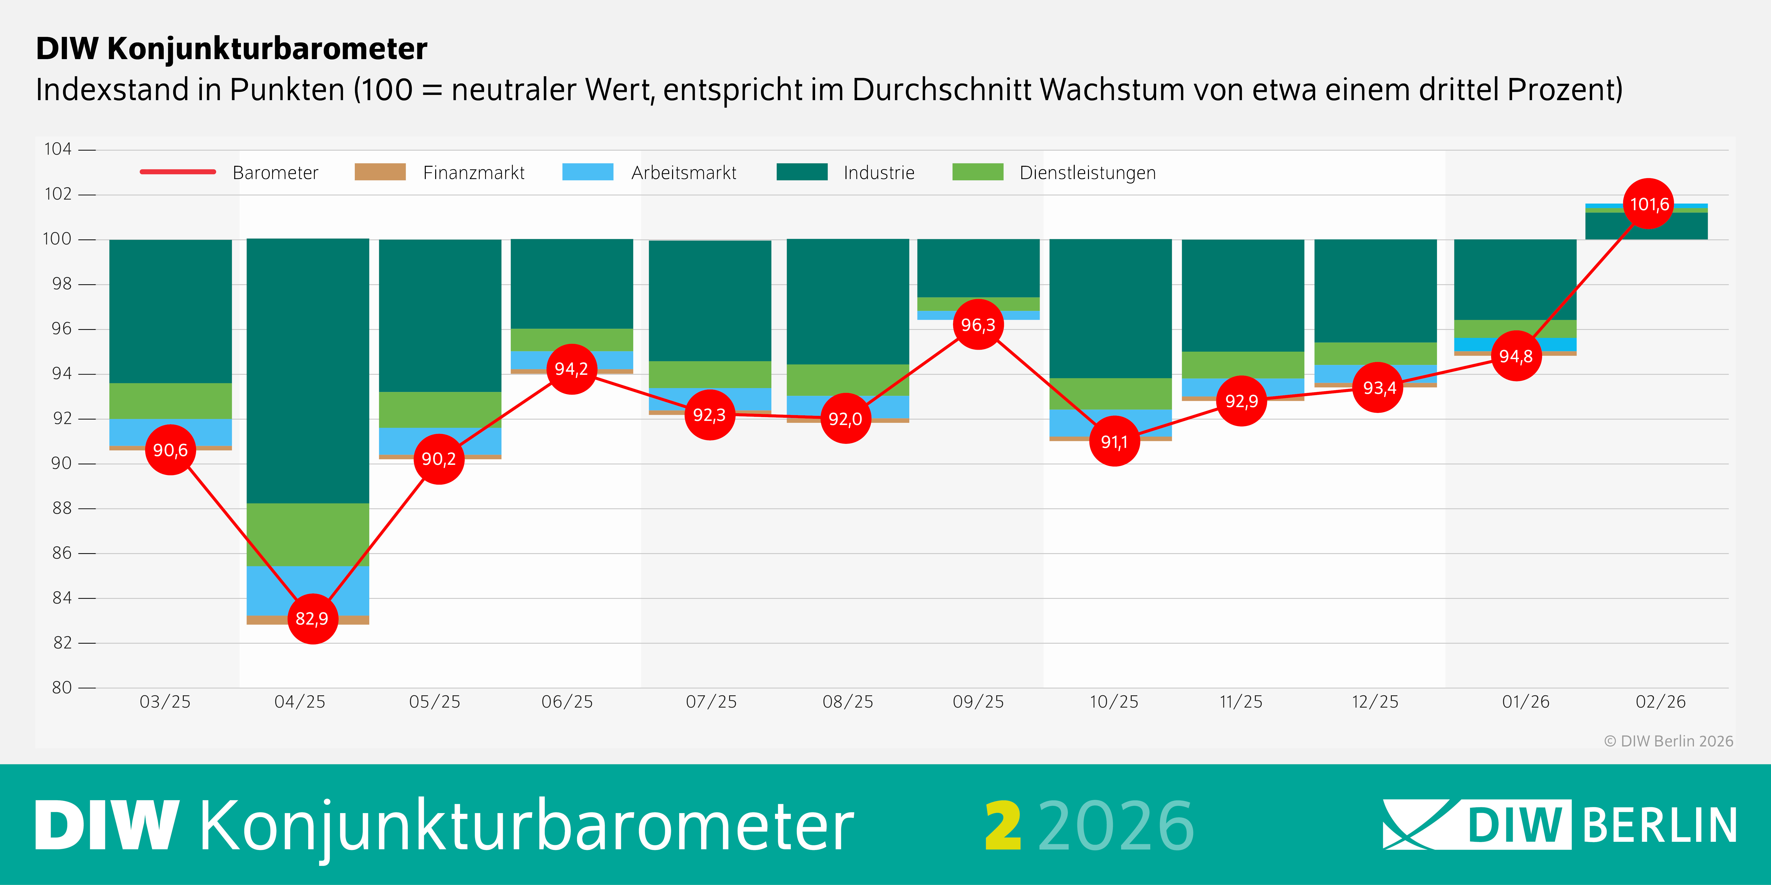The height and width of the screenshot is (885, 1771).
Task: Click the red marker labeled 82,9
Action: [312, 618]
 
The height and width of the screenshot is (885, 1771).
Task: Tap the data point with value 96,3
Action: [978, 324]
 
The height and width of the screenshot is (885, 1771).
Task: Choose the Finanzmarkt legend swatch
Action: [379, 172]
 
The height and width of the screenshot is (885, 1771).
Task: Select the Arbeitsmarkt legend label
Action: [683, 173]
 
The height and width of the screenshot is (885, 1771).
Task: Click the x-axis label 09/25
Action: [978, 702]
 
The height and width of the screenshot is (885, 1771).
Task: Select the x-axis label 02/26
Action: [1660, 702]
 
